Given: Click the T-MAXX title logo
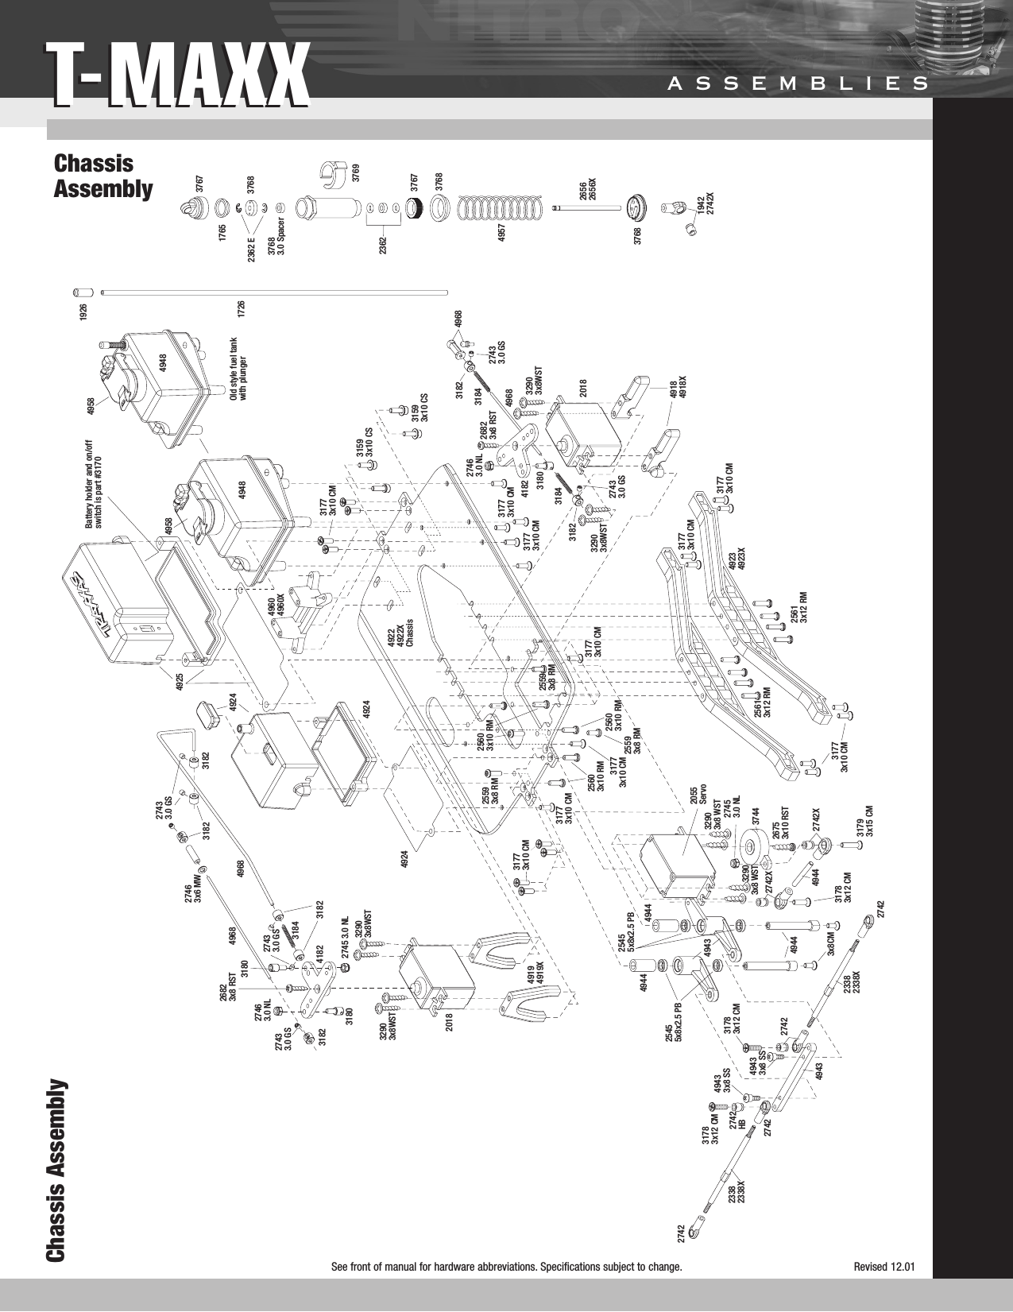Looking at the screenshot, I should point(176,75).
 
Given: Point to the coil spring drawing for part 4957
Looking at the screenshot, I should point(502,208).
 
